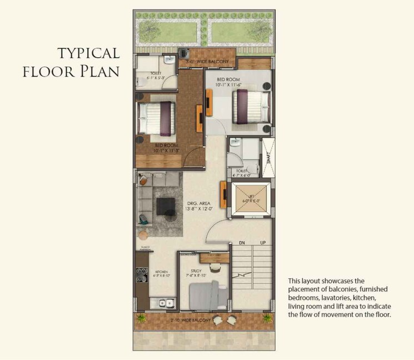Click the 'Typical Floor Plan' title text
pos(88,63)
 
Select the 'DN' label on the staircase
pos(242,243)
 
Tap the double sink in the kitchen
pos(166,304)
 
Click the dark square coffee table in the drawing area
pos(166,206)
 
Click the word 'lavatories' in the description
pos(362,298)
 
